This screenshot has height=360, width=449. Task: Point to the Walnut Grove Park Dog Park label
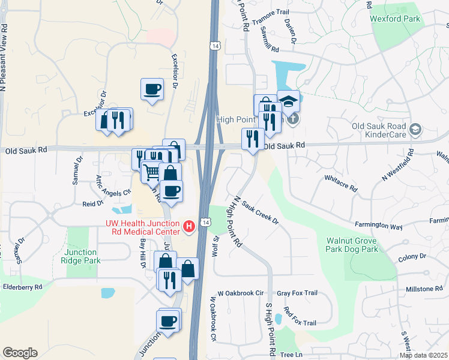click(x=352, y=244)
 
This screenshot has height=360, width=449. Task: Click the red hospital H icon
click(x=189, y=226)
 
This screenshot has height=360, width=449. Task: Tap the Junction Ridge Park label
click(x=82, y=256)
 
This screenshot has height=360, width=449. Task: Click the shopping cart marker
click(x=152, y=171)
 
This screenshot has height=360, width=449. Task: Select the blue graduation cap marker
click(x=288, y=100)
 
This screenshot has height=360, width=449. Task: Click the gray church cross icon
click(x=292, y=118)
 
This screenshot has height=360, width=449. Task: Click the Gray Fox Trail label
click(x=297, y=293)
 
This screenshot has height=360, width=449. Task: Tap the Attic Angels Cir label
click(x=113, y=185)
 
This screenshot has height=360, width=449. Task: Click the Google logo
click(x=20, y=353)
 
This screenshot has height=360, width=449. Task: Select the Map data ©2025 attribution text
click(x=423, y=355)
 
